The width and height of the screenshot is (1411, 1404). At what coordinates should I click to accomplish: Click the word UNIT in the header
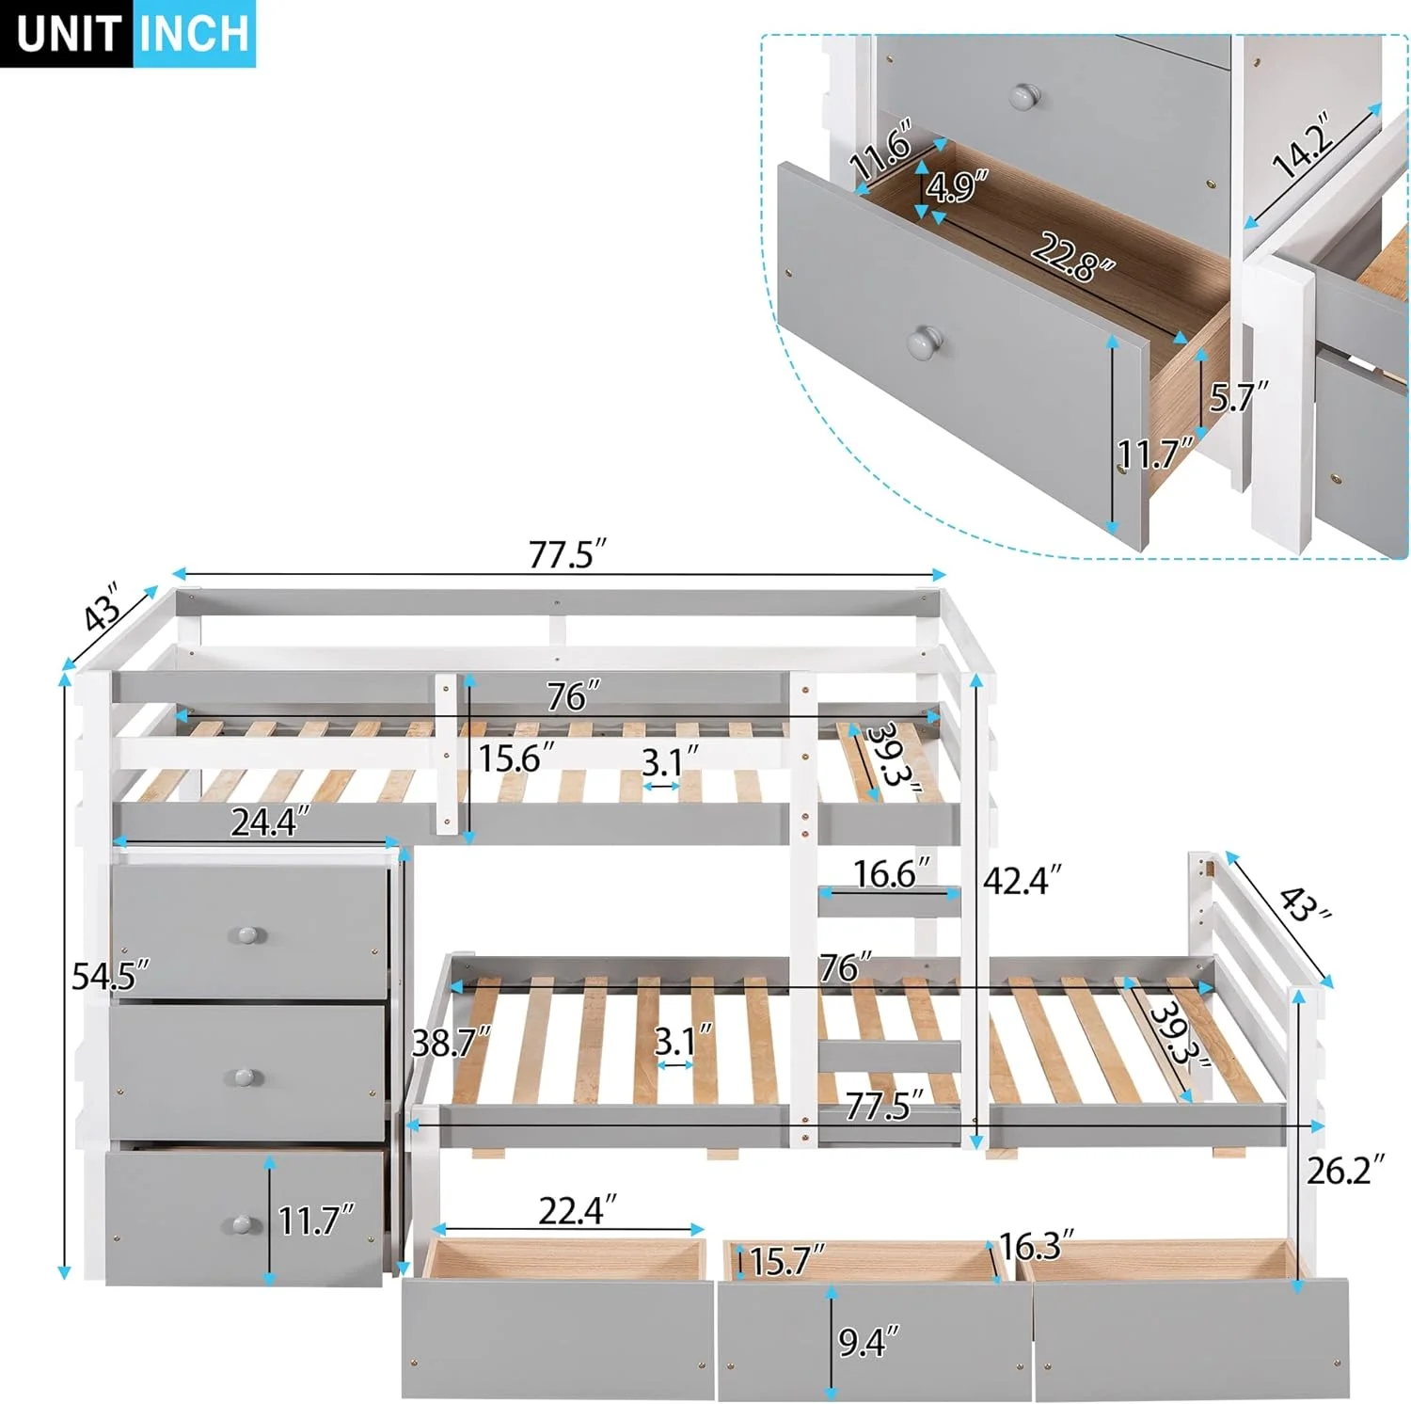(x=68, y=34)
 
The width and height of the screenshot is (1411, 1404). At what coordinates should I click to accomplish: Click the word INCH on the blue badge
(x=194, y=34)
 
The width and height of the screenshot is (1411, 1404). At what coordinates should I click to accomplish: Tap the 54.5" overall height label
(x=110, y=977)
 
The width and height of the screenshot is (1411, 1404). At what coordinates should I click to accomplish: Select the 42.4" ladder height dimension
(x=1022, y=881)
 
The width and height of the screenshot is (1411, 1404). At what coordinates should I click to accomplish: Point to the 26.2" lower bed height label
(x=1345, y=1170)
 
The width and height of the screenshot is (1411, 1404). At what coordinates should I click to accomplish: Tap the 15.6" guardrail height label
(x=515, y=758)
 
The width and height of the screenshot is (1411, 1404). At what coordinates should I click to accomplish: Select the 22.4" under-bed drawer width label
(x=577, y=1210)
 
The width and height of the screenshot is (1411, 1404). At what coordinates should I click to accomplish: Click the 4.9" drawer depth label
(x=957, y=186)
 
